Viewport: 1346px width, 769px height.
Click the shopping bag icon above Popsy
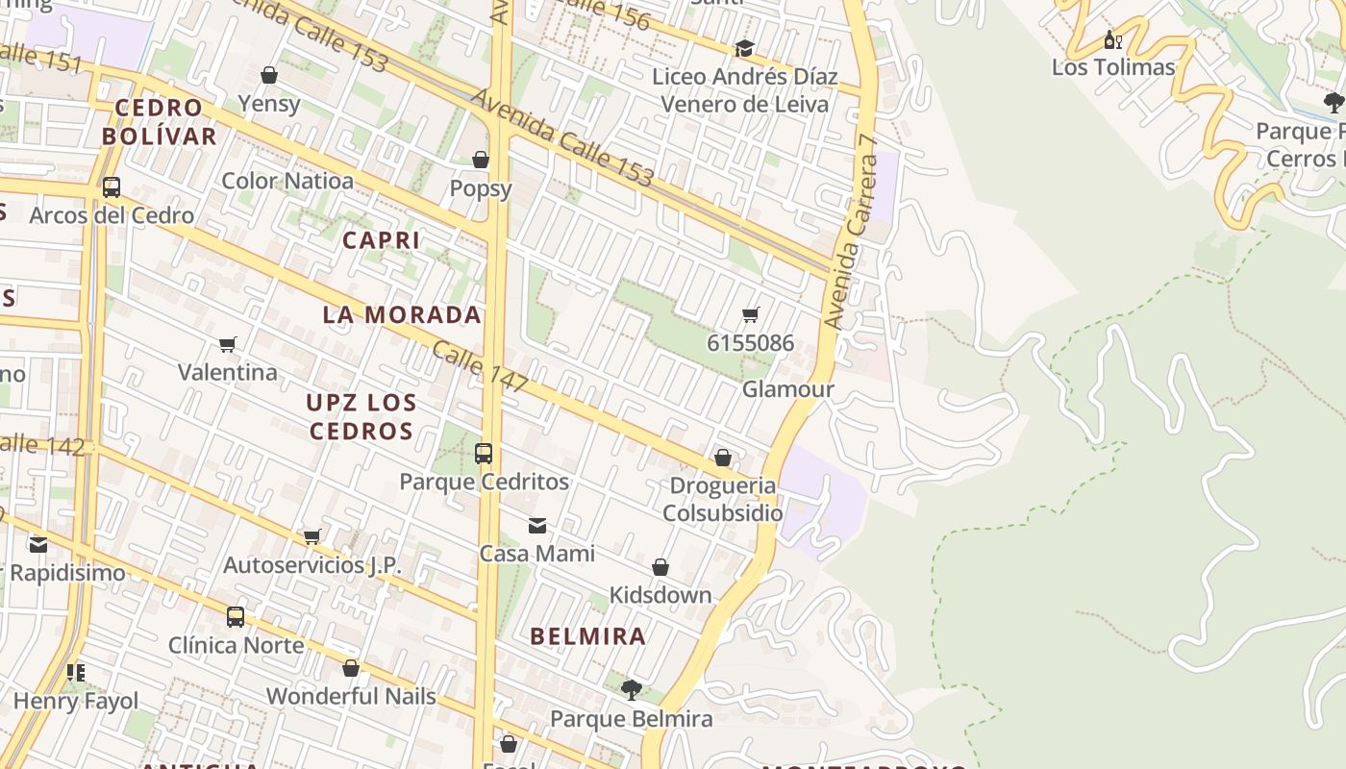tap(481, 160)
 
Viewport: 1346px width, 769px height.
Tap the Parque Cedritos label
tap(484, 482)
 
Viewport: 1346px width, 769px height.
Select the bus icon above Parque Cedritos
tap(484, 454)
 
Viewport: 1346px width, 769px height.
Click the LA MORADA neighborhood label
tap(402, 315)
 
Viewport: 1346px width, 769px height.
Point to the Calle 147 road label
tap(479, 366)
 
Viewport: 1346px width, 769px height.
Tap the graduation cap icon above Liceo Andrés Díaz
tap(744, 49)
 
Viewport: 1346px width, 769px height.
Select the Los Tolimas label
tap(1113, 67)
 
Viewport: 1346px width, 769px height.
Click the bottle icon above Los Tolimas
tap(1112, 40)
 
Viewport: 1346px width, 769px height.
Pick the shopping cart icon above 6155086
tap(751, 315)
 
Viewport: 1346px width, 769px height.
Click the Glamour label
tap(788, 389)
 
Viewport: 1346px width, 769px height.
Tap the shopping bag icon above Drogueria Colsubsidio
tap(723, 458)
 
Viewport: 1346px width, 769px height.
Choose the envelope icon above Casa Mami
tap(537, 526)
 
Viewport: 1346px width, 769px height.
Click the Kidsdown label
tap(661, 595)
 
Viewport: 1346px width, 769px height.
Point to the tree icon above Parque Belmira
tap(631, 689)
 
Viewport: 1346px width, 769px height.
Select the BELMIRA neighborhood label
tap(588, 636)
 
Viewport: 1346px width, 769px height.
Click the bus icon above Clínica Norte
tap(236, 617)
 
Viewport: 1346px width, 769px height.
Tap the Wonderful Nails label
tap(351, 696)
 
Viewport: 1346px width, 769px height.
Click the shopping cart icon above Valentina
tap(228, 344)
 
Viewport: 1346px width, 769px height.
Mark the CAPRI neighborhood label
tap(382, 240)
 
